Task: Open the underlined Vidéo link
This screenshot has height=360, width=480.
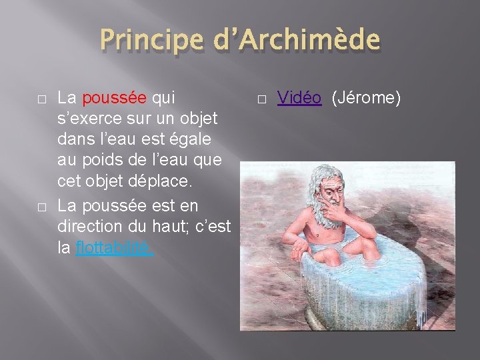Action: coord(299,99)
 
